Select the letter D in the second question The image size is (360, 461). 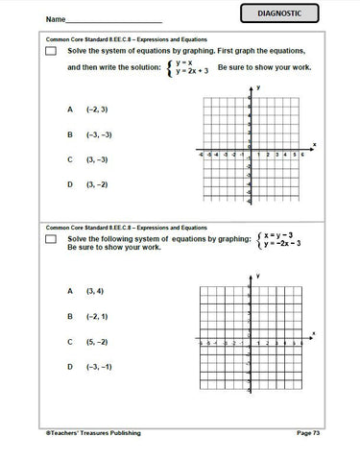click(70, 366)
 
